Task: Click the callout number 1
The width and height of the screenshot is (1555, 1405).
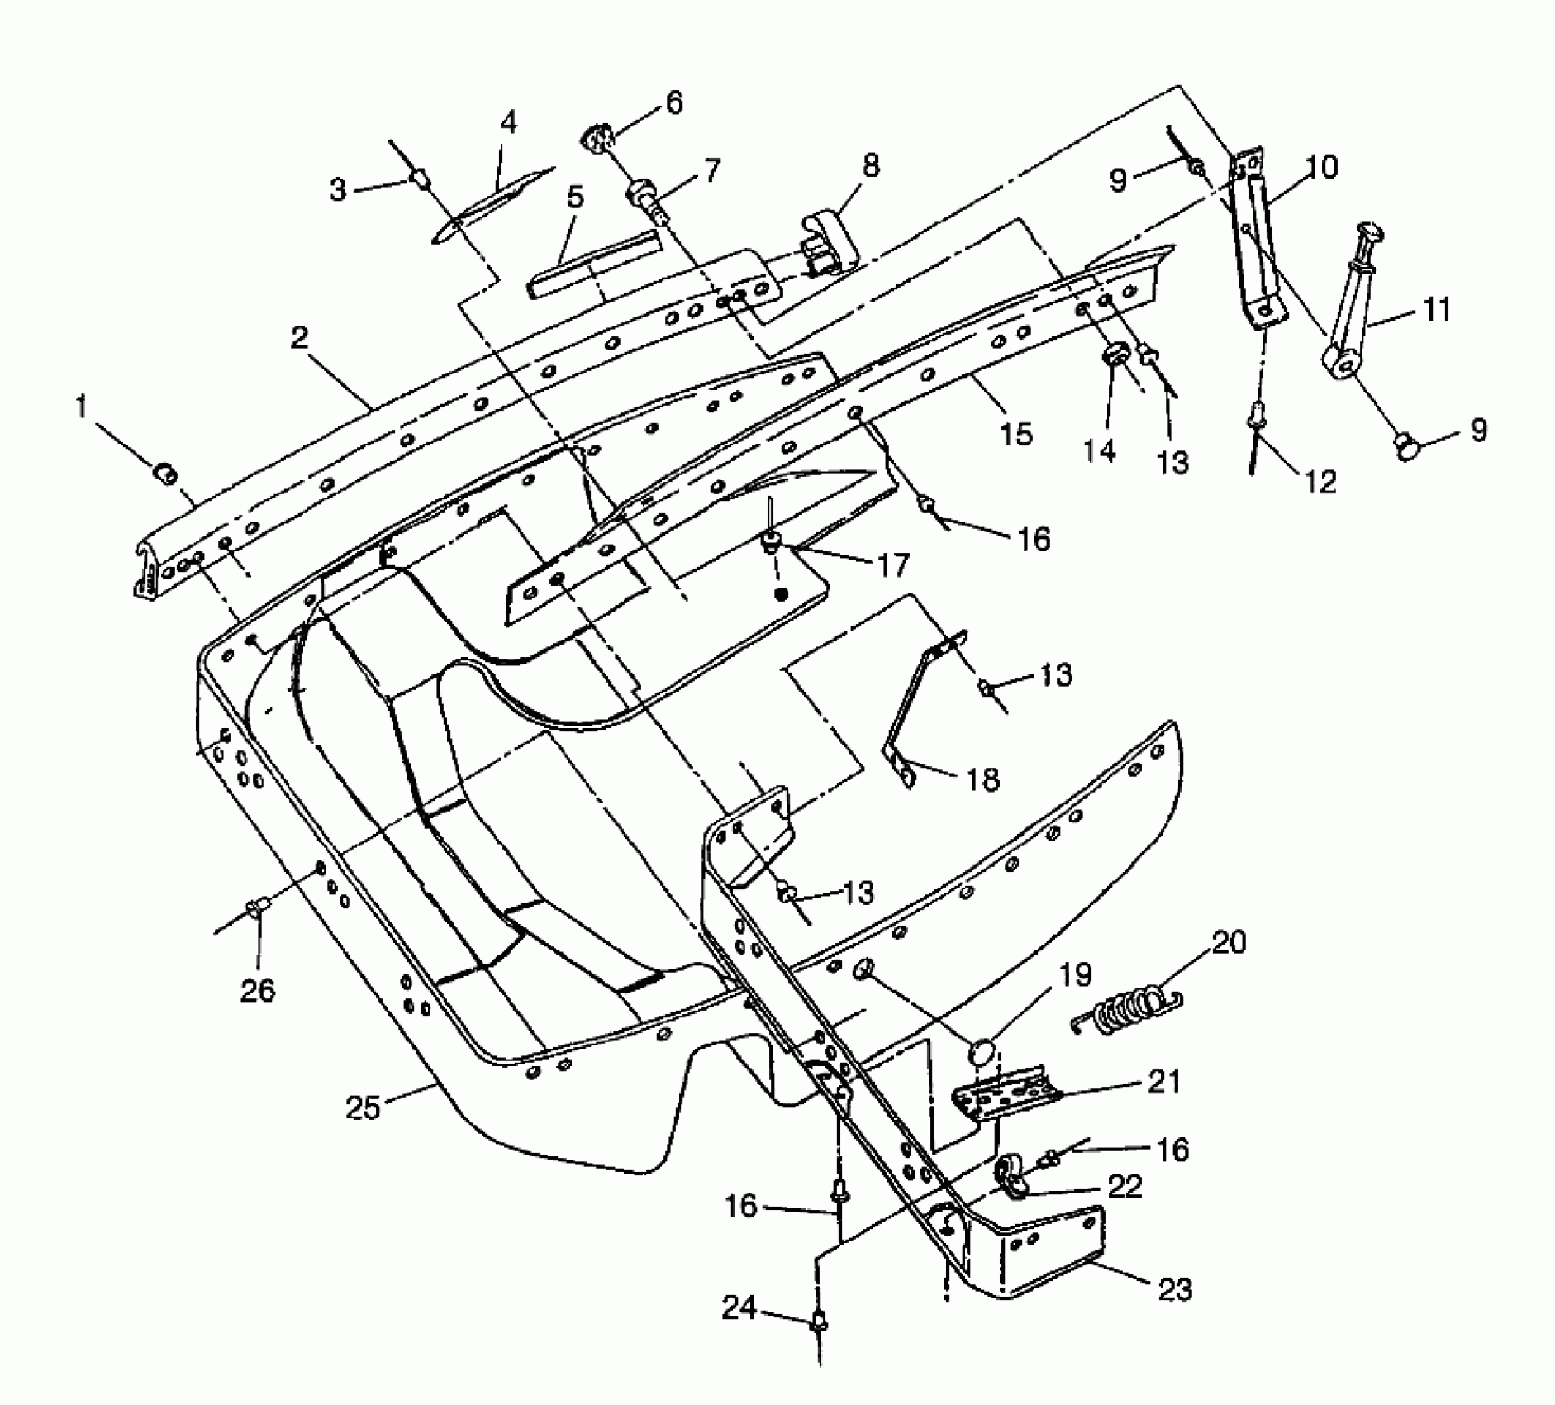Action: pyautogui.click(x=81, y=407)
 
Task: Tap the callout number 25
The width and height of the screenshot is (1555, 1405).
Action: pyautogui.click(x=363, y=1107)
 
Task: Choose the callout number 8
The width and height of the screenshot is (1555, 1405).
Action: pyautogui.click(x=870, y=164)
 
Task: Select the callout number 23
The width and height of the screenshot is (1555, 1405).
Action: pyautogui.click(x=1176, y=1288)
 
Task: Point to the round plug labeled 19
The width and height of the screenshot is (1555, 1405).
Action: pyautogui.click(x=981, y=1055)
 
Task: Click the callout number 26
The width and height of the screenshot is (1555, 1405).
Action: pyautogui.click(x=257, y=989)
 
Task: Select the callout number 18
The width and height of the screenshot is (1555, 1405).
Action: pyautogui.click(x=982, y=779)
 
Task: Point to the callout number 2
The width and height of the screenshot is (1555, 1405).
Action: pyautogui.click(x=300, y=337)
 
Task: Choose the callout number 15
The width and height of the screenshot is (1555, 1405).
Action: pyautogui.click(x=1015, y=433)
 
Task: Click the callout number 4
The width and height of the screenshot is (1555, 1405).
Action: pyautogui.click(x=509, y=122)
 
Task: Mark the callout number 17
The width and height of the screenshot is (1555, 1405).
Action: pyautogui.click(x=892, y=565)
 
